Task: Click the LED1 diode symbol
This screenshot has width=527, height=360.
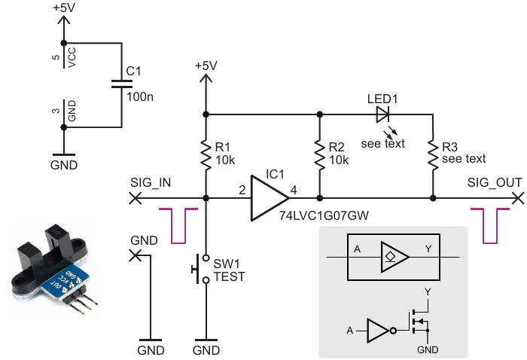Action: [x=382, y=114]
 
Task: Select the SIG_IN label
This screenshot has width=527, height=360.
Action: [x=151, y=183]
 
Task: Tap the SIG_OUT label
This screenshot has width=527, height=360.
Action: [x=493, y=183]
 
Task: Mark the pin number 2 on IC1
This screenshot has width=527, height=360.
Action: [x=242, y=190]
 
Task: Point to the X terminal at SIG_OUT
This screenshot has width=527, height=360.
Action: [x=517, y=198]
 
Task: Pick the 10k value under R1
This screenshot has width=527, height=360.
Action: [x=225, y=160]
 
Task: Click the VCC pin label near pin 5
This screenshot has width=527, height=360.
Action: [x=72, y=56]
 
